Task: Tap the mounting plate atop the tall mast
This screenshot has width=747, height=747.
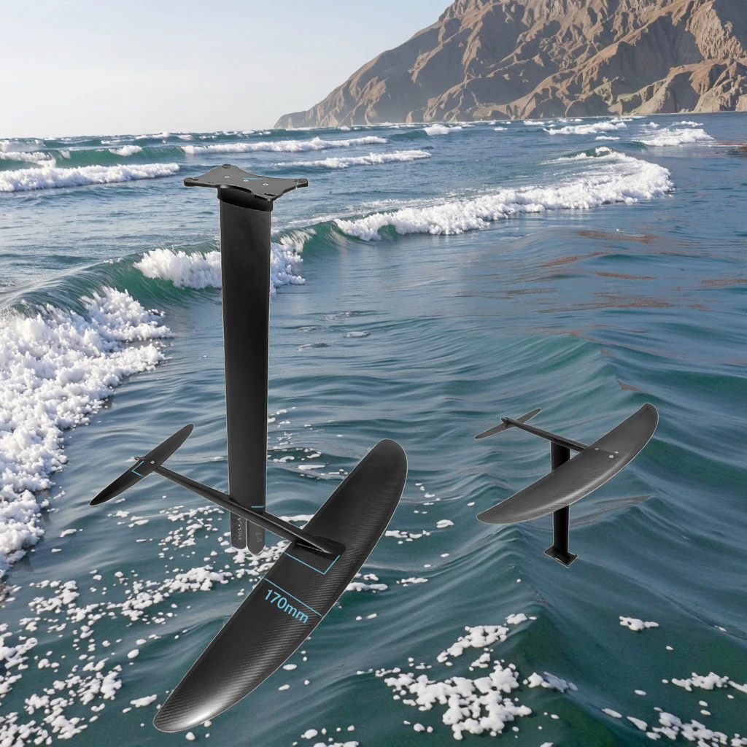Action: coord(246,180)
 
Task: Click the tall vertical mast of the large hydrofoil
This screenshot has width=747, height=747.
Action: coord(246,328)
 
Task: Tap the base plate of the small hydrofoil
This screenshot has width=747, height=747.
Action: coord(560,557)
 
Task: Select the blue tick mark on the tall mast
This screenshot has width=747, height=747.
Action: coord(257,507)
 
